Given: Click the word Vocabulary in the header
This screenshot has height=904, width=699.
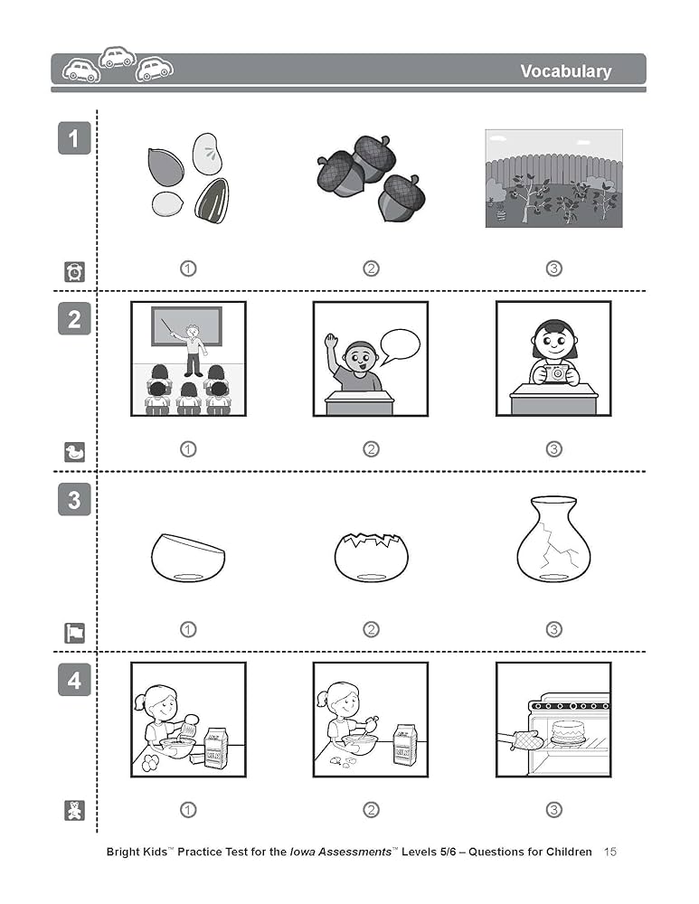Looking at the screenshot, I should click(x=565, y=71).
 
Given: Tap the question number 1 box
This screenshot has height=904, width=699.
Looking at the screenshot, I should click(x=74, y=138).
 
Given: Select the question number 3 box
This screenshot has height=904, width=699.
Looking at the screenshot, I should click(x=74, y=500).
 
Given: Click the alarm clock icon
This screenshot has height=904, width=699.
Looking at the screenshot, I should click(x=74, y=271).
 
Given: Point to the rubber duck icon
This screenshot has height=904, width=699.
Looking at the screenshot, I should click(x=74, y=452).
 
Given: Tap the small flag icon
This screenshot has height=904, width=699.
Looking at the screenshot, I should click(x=74, y=633).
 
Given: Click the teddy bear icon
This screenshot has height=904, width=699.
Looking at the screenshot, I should click(x=74, y=811).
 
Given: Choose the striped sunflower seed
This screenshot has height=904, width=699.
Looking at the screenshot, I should click(x=213, y=200).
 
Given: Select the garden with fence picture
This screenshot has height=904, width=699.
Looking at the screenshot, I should click(x=553, y=178).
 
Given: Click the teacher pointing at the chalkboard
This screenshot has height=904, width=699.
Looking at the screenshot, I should click(x=193, y=348).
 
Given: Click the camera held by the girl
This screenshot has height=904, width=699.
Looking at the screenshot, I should click(x=553, y=372).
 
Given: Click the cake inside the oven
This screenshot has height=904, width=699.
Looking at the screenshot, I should click(x=565, y=732).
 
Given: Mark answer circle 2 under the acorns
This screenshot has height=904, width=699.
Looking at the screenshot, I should click(x=371, y=268).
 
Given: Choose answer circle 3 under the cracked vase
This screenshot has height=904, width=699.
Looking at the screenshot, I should click(x=553, y=630).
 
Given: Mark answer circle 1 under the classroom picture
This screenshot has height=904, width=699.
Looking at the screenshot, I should click(x=188, y=449).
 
